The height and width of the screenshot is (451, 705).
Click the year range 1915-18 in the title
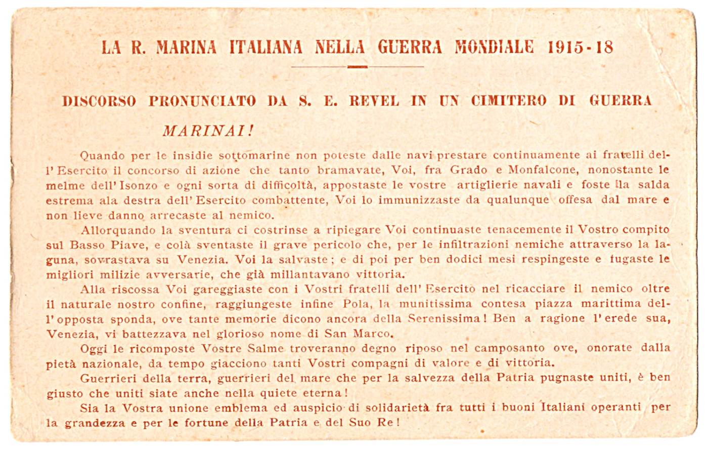(x=581, y=47)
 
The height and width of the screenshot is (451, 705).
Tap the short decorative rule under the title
(x=358, y=66)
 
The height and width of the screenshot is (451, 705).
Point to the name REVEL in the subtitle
(x=374, y=101)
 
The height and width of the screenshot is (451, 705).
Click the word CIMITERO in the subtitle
(x=508, y=101)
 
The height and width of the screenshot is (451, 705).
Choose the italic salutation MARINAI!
(x=208, y=131)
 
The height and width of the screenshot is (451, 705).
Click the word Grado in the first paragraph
(x=468, y=170)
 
